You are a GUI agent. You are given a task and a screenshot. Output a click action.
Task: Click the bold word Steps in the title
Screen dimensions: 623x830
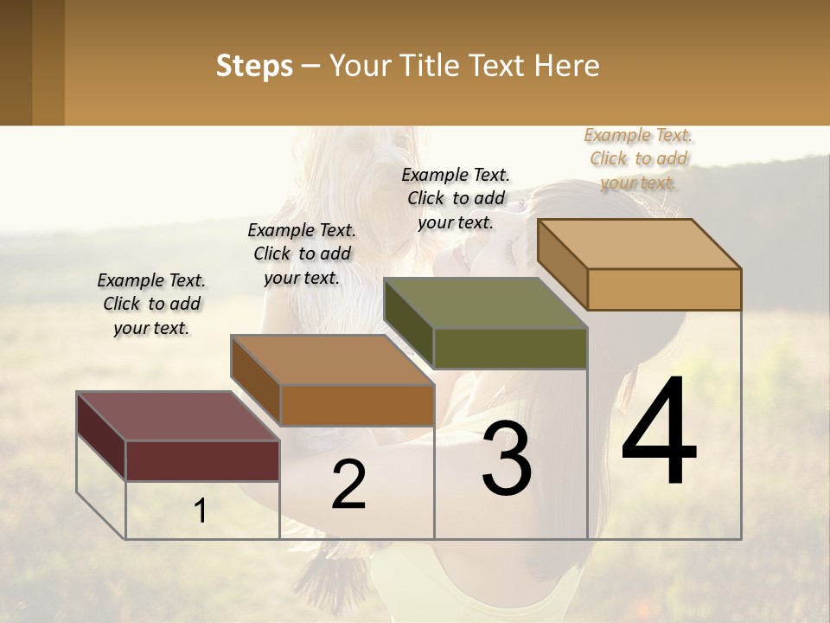(x=254, y=66)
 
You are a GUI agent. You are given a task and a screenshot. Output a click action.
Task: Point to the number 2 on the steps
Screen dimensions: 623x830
(x=348, y=485)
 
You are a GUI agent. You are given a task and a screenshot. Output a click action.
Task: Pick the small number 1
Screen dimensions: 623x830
(x=201, y=511)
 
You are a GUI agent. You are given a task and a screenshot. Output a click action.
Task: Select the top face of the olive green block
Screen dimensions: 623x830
(x=485, y=303)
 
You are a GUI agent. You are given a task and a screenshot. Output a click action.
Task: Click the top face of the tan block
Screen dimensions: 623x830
(x=639, y=244)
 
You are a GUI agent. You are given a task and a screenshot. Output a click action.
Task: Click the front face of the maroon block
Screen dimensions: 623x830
(x=202, y=460)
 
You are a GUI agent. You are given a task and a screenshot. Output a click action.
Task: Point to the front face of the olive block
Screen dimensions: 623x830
(x=510, y=349)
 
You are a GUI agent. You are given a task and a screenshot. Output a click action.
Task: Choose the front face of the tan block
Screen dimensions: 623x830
(x=664, y=289)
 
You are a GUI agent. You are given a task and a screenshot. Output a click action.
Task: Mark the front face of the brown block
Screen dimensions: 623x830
(x=356, y=405)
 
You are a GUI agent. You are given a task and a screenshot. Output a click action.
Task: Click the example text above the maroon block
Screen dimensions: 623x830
(x=151, y=304)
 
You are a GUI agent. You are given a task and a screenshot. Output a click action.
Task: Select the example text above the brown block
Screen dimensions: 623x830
(x=302, y=254)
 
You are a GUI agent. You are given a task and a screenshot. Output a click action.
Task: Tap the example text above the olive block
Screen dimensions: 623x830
(x=456, y=198)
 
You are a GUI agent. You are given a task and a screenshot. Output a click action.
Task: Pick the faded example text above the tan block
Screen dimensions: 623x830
(x=638, y=158)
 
